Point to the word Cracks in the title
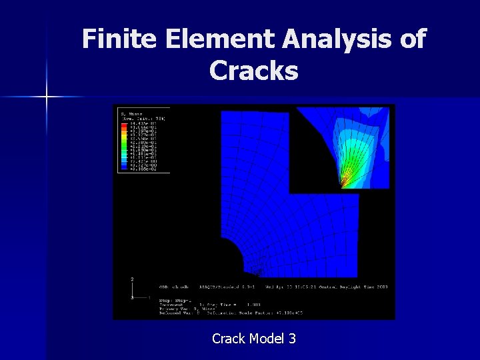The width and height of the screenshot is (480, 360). (253, 70)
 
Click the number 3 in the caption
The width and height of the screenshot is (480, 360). (292, 339)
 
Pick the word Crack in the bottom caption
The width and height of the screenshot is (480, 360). (228, 339)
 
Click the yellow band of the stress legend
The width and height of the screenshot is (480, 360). (123, 137)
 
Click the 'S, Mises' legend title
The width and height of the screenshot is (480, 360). (128, 114)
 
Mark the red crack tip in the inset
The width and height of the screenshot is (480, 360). (341, 185)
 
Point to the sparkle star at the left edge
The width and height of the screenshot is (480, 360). (47, 97)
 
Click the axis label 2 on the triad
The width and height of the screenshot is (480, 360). (132, 279)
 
